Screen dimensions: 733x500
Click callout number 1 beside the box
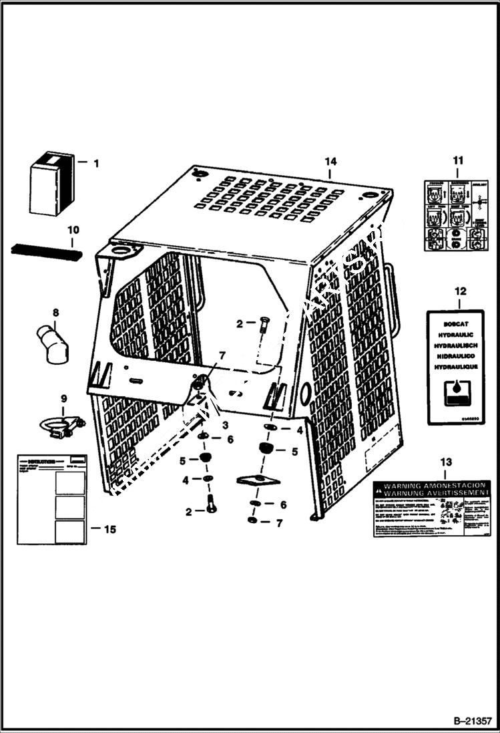[x=95, y=162]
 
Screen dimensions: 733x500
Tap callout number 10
[x=73, y=231]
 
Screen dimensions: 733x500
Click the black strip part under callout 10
[x=46, y=253]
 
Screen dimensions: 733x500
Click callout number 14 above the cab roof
[x=330, y=161]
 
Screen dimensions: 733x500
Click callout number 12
[x=457, y=291]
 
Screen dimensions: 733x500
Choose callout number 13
[x=446, y=462]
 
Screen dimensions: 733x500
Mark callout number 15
[x=110, y=529]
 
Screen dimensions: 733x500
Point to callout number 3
[x=225, y=426]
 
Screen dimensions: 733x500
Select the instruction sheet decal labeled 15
[x=51, y=498]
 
